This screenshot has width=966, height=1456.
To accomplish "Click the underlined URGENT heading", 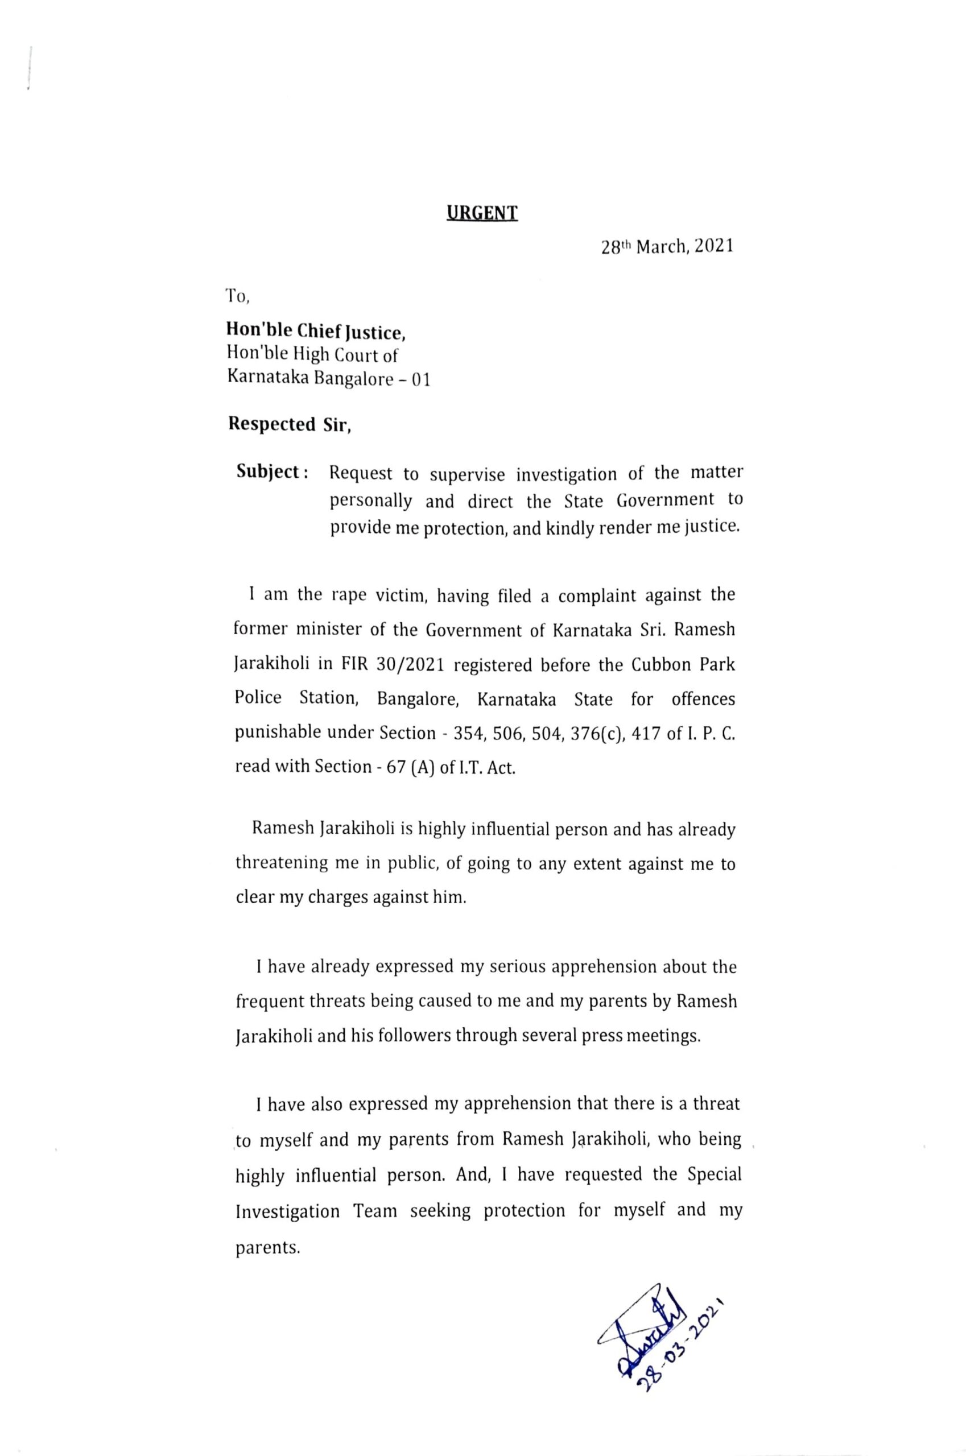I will (x=482, y=213).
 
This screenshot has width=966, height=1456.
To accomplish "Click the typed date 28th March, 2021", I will (x=667, y=247).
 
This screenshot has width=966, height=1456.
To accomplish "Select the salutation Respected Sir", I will (x=290, y=425).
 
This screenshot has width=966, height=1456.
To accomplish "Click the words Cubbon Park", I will (x=683, y=665).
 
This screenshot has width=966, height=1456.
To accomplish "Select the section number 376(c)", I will (x=584, y=733).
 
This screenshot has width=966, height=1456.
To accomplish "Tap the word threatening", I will (x=282, y=863).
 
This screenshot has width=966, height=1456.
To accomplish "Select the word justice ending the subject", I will (x=713, y=528).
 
